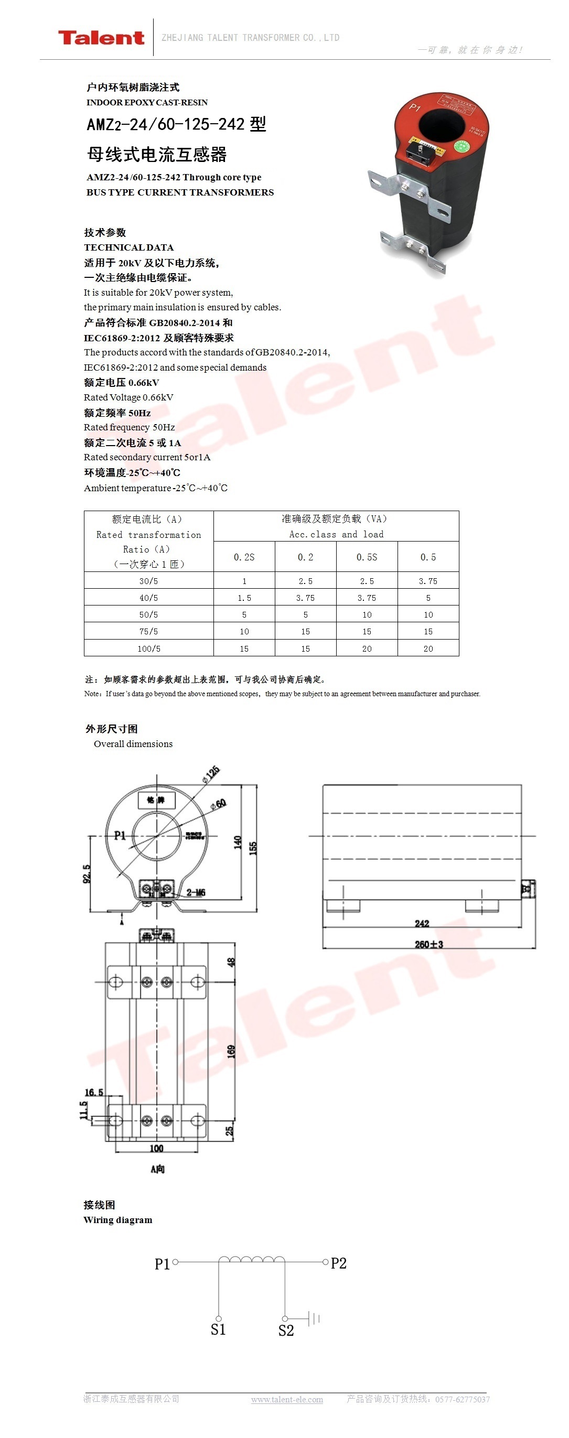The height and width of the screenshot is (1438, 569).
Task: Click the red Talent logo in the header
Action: [x=101, y=37]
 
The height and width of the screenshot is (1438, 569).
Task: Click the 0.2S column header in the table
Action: [x=244, y=557]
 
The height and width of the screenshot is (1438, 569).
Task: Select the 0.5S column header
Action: [x=367, y=557]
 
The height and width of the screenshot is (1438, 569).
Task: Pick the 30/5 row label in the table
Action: [x=148, y=581]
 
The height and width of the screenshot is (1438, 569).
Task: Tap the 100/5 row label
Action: [x=148, y=648]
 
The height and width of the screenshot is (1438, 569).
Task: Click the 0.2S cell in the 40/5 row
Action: [x=244, y=598]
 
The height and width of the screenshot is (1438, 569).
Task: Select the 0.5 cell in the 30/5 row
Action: [x=428, y=581]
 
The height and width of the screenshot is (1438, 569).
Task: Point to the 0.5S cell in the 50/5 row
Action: [x=367, y=614]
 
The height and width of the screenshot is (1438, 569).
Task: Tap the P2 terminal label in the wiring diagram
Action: [x=338, y=1263]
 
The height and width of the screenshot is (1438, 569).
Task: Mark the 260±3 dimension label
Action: [x=429, y=945]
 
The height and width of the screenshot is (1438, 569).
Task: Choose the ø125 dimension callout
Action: [x=211, y=774]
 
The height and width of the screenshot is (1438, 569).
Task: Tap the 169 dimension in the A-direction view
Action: [x=231, y=1052]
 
